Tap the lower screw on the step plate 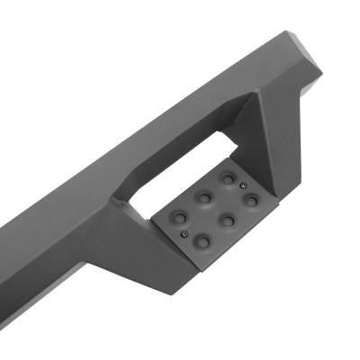click(184, 233)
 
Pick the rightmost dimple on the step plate click(251, 200)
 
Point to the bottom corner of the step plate click(200, 267)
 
